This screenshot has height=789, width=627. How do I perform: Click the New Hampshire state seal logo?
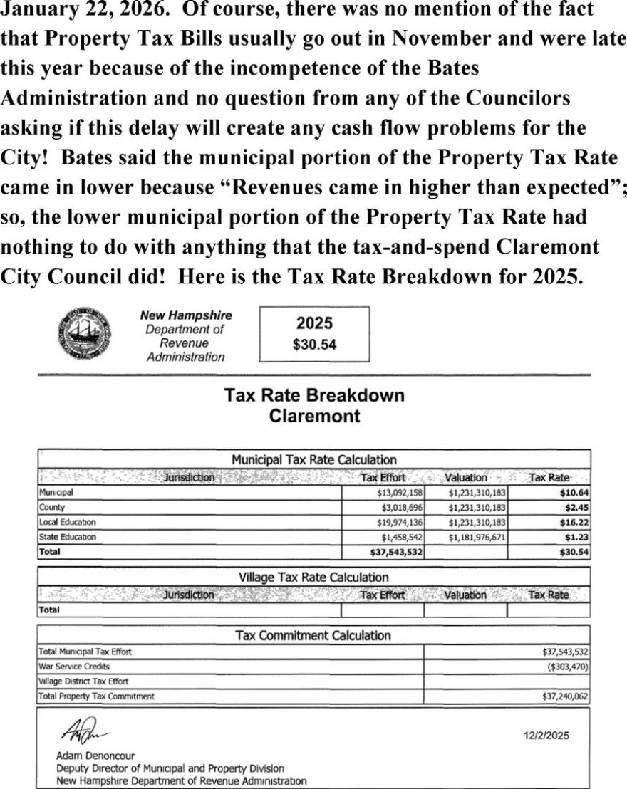[x=85, y=333]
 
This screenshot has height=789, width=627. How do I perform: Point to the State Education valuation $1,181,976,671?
[x=477, y=537]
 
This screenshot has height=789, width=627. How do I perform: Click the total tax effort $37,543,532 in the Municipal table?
[x=398, y=552]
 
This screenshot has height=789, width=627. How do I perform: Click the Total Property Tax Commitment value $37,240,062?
[x=564, y=696]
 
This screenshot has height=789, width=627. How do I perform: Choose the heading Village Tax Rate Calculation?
[x=314, y=578]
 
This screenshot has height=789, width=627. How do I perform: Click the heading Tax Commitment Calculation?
[x=313, y=635]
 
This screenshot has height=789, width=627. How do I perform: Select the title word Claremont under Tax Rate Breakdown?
[x=314, y=417]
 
